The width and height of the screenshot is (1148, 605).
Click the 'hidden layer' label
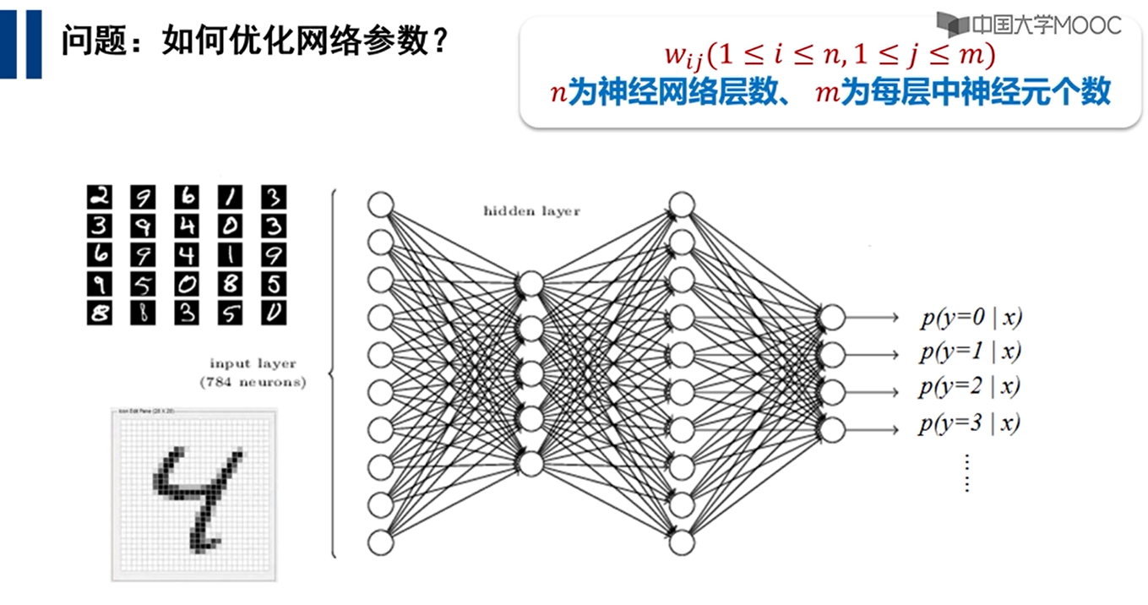(531, 210)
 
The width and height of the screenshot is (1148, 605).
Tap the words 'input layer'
(253, 363)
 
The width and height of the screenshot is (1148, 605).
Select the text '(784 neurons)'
(253, 382)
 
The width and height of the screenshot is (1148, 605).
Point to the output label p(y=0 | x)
(971, 318)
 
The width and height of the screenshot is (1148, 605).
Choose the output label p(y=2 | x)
(970, 387)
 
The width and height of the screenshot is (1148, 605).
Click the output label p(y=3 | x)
(970, 422)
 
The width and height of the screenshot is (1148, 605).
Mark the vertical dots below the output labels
(967, 472)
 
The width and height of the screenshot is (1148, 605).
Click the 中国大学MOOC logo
(1029, 24)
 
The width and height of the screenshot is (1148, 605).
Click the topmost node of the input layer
(381, 205)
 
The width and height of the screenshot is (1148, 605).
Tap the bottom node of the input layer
(381, 542)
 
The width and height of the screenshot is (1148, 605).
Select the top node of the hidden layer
(531, 283)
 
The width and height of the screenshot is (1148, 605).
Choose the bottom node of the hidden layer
(531, 463)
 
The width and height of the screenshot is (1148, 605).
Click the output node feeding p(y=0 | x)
(831, 317)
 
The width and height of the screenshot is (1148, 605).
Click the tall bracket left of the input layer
(333, 373)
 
